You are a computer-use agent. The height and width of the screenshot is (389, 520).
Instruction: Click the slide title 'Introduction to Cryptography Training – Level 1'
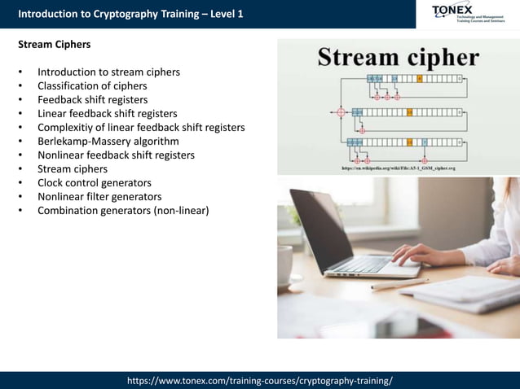[x=130, y=14]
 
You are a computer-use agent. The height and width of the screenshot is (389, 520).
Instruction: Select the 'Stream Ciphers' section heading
[x=55, y=44]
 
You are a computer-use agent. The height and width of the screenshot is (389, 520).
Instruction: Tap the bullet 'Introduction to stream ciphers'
[x=108, y=72]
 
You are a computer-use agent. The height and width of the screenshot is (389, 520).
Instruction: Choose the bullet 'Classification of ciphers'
[x=92, y=85]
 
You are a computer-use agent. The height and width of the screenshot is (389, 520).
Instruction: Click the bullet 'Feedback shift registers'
[x=92, y=99]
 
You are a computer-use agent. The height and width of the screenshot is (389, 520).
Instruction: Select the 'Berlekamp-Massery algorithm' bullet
[x=108, y=141]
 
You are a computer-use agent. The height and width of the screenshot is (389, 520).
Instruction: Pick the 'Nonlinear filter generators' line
[x=99, y=196]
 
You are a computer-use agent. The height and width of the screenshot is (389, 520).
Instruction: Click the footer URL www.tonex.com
[x=260, y=380]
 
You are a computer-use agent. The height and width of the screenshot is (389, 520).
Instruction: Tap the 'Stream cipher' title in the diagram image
[x=398, y=57]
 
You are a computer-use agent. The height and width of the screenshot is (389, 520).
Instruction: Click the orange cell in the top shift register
[x=419, y=78]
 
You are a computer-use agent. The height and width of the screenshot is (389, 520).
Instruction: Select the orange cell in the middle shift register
[x=409, y=111]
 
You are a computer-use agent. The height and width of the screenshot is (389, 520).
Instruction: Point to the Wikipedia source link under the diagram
[x=398, y=168]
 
